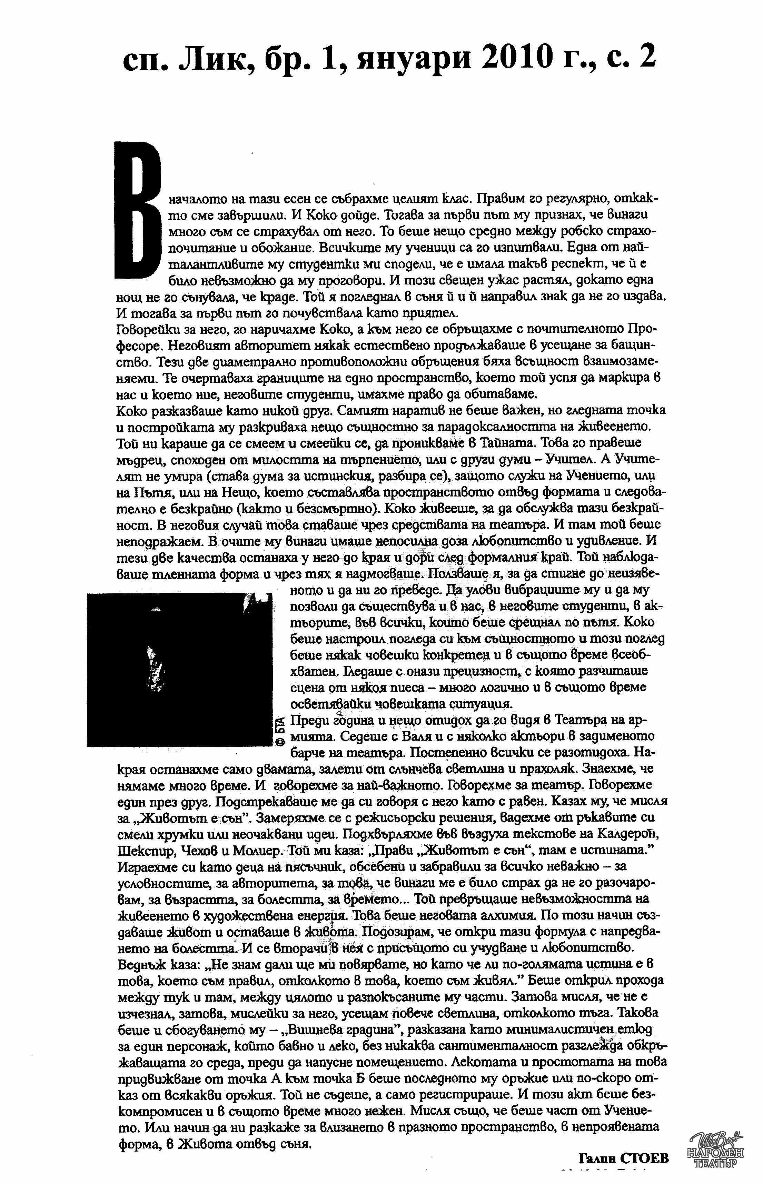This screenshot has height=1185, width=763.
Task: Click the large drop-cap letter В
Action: (x=138, y=210)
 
